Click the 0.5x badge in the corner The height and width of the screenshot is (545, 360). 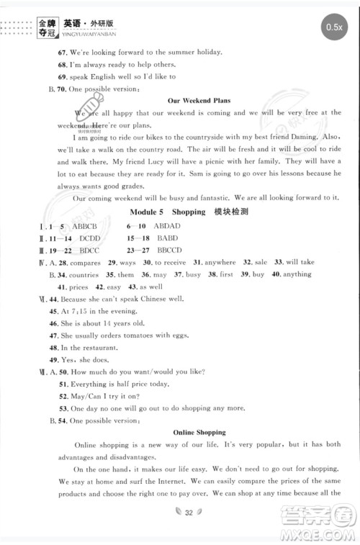[333, 27]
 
